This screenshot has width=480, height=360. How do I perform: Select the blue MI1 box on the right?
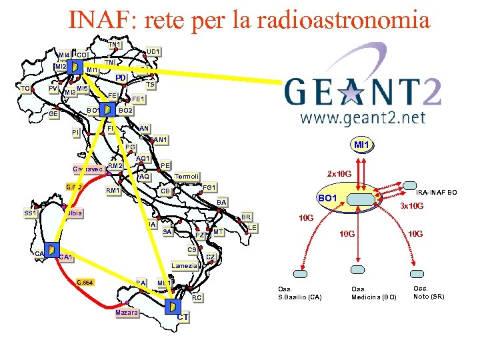click(x=362, y=145)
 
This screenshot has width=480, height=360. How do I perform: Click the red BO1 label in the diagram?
click(x=327, y=198)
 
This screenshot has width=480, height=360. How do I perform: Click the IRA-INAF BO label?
click(x=437, y=193)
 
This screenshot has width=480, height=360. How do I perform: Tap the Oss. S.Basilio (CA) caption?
click(x=300, y=293)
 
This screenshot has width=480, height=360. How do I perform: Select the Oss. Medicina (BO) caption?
click(x=374, y=293)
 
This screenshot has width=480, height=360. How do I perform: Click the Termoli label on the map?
click(x=187, y=177)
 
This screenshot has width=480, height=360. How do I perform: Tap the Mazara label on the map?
click(x=126, y=313)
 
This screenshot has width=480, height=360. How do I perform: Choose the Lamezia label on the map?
click(x=185, y=265)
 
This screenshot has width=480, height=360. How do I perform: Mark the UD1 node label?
click(x=153, y=51)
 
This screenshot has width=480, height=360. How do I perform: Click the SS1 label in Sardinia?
click(x=30, y=213)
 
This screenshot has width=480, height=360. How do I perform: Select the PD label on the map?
click(x=120, y=78)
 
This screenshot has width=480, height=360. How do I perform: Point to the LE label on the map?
click(x=253, y=228)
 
